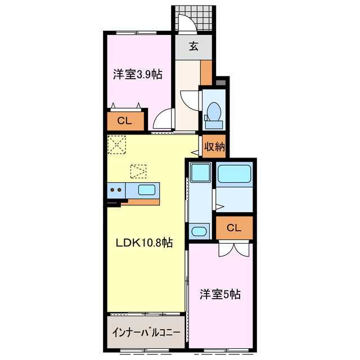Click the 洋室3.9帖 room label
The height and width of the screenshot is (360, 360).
137,74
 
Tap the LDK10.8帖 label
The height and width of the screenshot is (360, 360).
144,243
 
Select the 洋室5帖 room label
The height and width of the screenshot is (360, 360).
221,294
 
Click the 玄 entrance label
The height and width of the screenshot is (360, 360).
193,47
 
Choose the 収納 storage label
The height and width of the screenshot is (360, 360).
214,147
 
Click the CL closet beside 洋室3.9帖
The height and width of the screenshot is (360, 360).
125,120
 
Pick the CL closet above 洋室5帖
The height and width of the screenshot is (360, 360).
234,227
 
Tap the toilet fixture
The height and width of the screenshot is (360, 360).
214,111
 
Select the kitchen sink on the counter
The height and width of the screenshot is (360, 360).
147,190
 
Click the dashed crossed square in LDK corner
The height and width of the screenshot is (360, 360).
118,145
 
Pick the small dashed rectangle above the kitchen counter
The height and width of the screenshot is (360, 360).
138,169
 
